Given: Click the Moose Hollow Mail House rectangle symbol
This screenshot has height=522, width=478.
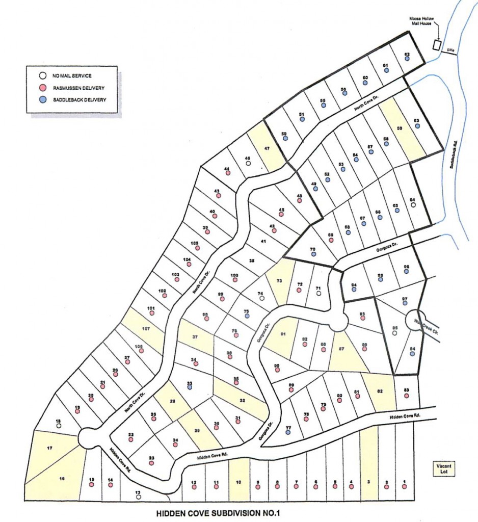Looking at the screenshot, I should click(436, 45).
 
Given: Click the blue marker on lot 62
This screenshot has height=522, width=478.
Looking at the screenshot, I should click(407, 59).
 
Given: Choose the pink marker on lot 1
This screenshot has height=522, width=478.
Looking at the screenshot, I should click(404, 487).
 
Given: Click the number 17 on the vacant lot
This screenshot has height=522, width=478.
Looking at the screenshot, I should click(49, 448).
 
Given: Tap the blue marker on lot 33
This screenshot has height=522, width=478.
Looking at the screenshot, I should click(190, 387).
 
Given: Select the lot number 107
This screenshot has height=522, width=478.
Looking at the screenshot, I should click(146, 329).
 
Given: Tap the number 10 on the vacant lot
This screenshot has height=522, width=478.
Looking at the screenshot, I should click(238, 482).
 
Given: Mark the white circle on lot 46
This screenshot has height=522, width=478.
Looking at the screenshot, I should click(248, 164).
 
